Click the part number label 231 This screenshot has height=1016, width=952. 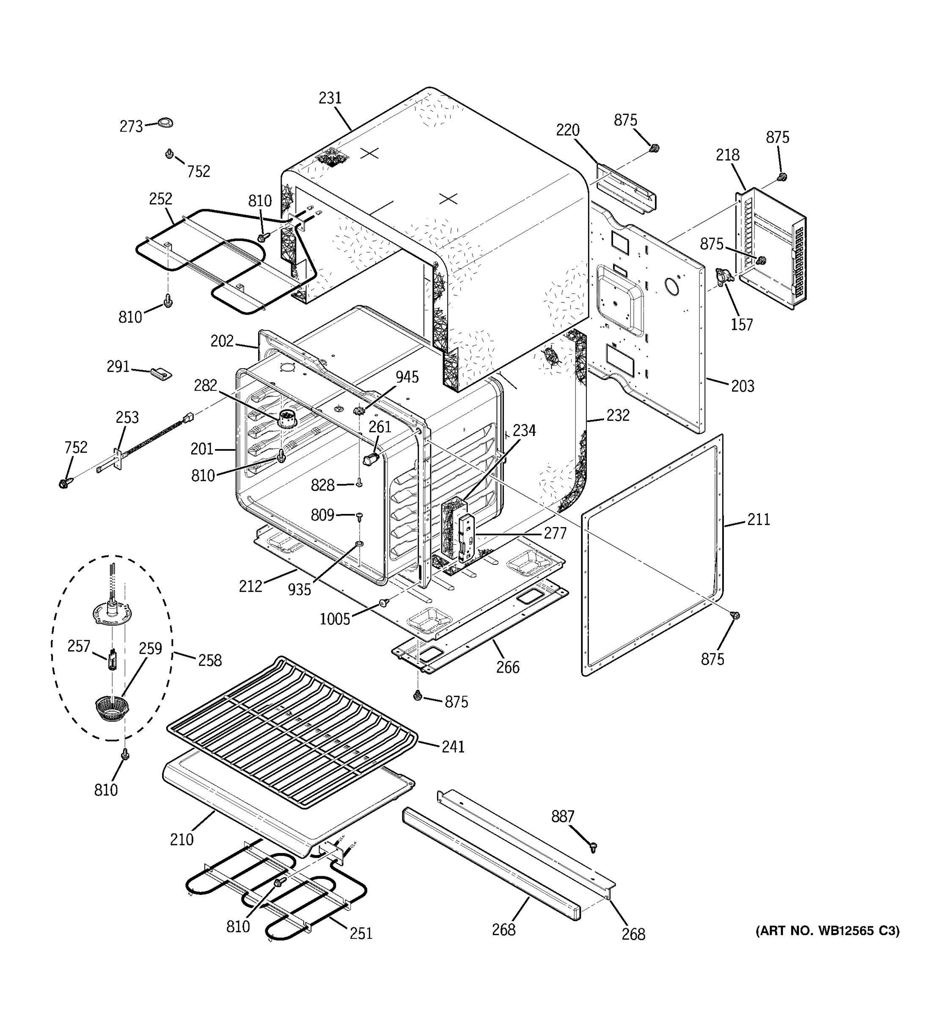[x=330, y=98]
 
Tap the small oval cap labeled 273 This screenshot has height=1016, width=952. [x=165, y=122]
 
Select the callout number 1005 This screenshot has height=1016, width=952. [x=335, y=619]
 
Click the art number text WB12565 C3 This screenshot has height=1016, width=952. [x=827, y=930]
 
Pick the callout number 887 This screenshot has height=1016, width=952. [x=562, y=817]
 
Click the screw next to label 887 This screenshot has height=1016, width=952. [x=593, y=848]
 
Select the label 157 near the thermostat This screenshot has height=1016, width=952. [x=742, y=324]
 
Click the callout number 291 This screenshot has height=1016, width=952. [x=118, y=367]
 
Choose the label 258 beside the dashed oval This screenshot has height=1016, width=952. [x=210, y=660]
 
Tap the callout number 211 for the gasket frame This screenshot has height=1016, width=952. [x=759, y=519]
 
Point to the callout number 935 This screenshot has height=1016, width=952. [x=299, y=590]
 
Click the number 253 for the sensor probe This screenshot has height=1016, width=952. [x=127, y=417]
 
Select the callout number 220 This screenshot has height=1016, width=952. [x=567, y=130]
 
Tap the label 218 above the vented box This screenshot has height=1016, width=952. [x=727, y=155]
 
